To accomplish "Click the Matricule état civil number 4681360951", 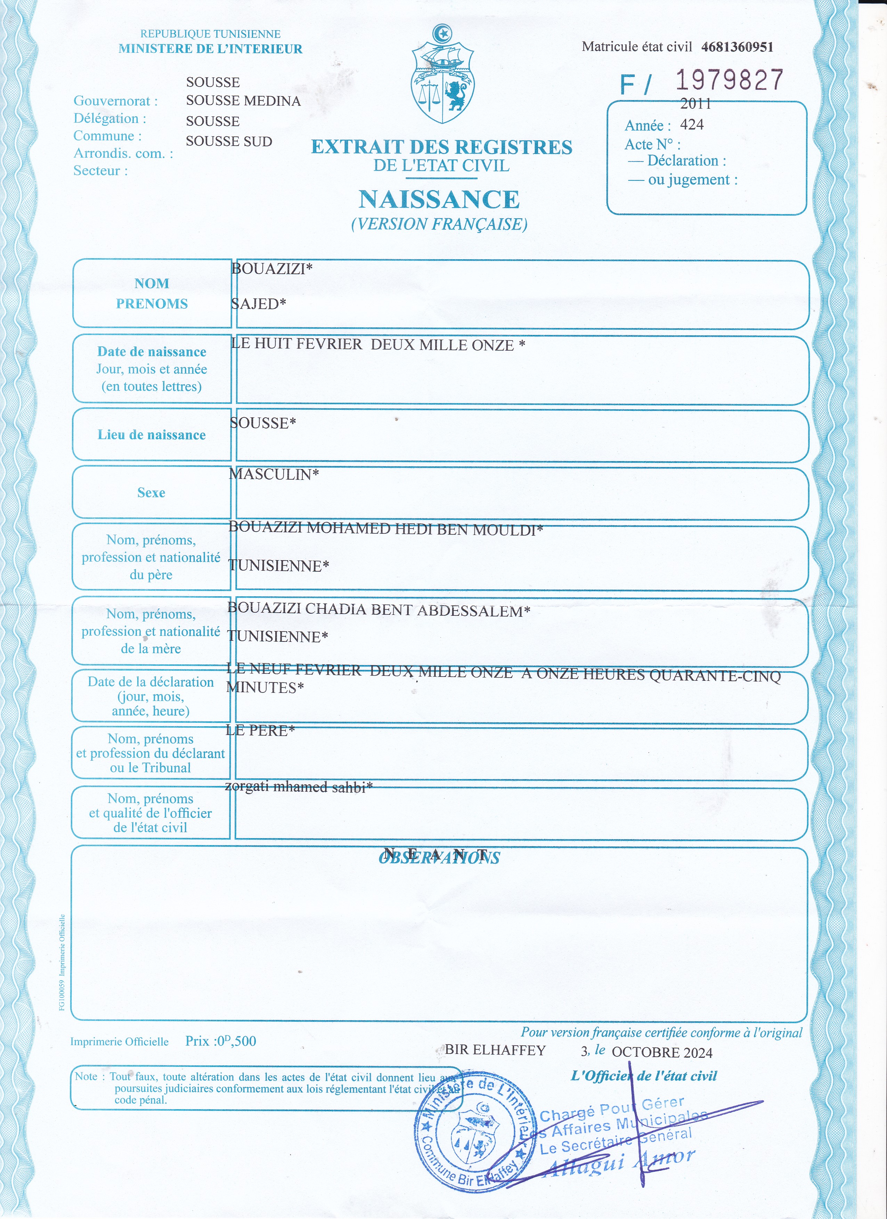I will (x=737, y=47).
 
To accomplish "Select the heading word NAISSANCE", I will (x=439, y=199).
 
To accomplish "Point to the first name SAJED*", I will (x=259, y=304).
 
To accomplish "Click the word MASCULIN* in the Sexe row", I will (x=274, y=474).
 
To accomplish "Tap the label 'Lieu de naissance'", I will (x=152, y=435).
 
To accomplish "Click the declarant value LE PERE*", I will (x=260, y=730).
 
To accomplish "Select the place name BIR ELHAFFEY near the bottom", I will (x=495, y=1050).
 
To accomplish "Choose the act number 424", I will (x=692, y=125).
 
